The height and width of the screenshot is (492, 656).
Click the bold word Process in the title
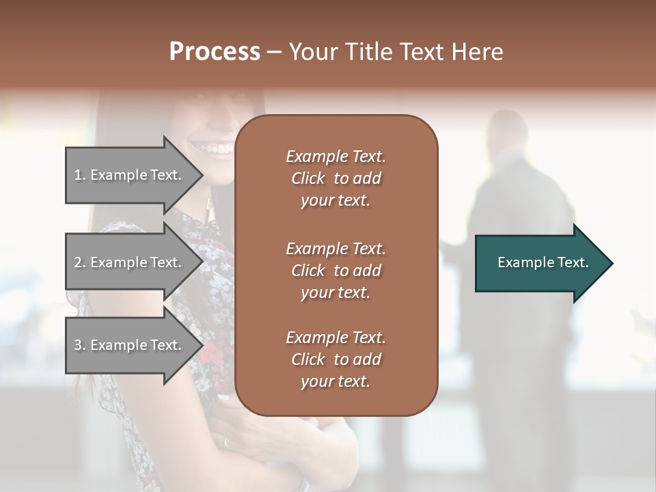215,52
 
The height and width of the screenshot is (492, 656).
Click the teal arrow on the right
540,262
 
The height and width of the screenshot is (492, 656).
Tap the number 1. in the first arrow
80,175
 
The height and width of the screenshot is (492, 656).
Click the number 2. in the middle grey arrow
80,262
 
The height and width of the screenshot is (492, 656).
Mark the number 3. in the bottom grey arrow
80,345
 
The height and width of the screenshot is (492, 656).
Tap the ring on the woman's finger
226,442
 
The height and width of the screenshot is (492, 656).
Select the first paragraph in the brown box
336,178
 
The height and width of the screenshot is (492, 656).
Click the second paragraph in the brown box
336,270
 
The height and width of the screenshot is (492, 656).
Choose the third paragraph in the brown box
336,359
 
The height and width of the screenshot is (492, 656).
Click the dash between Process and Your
275,52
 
